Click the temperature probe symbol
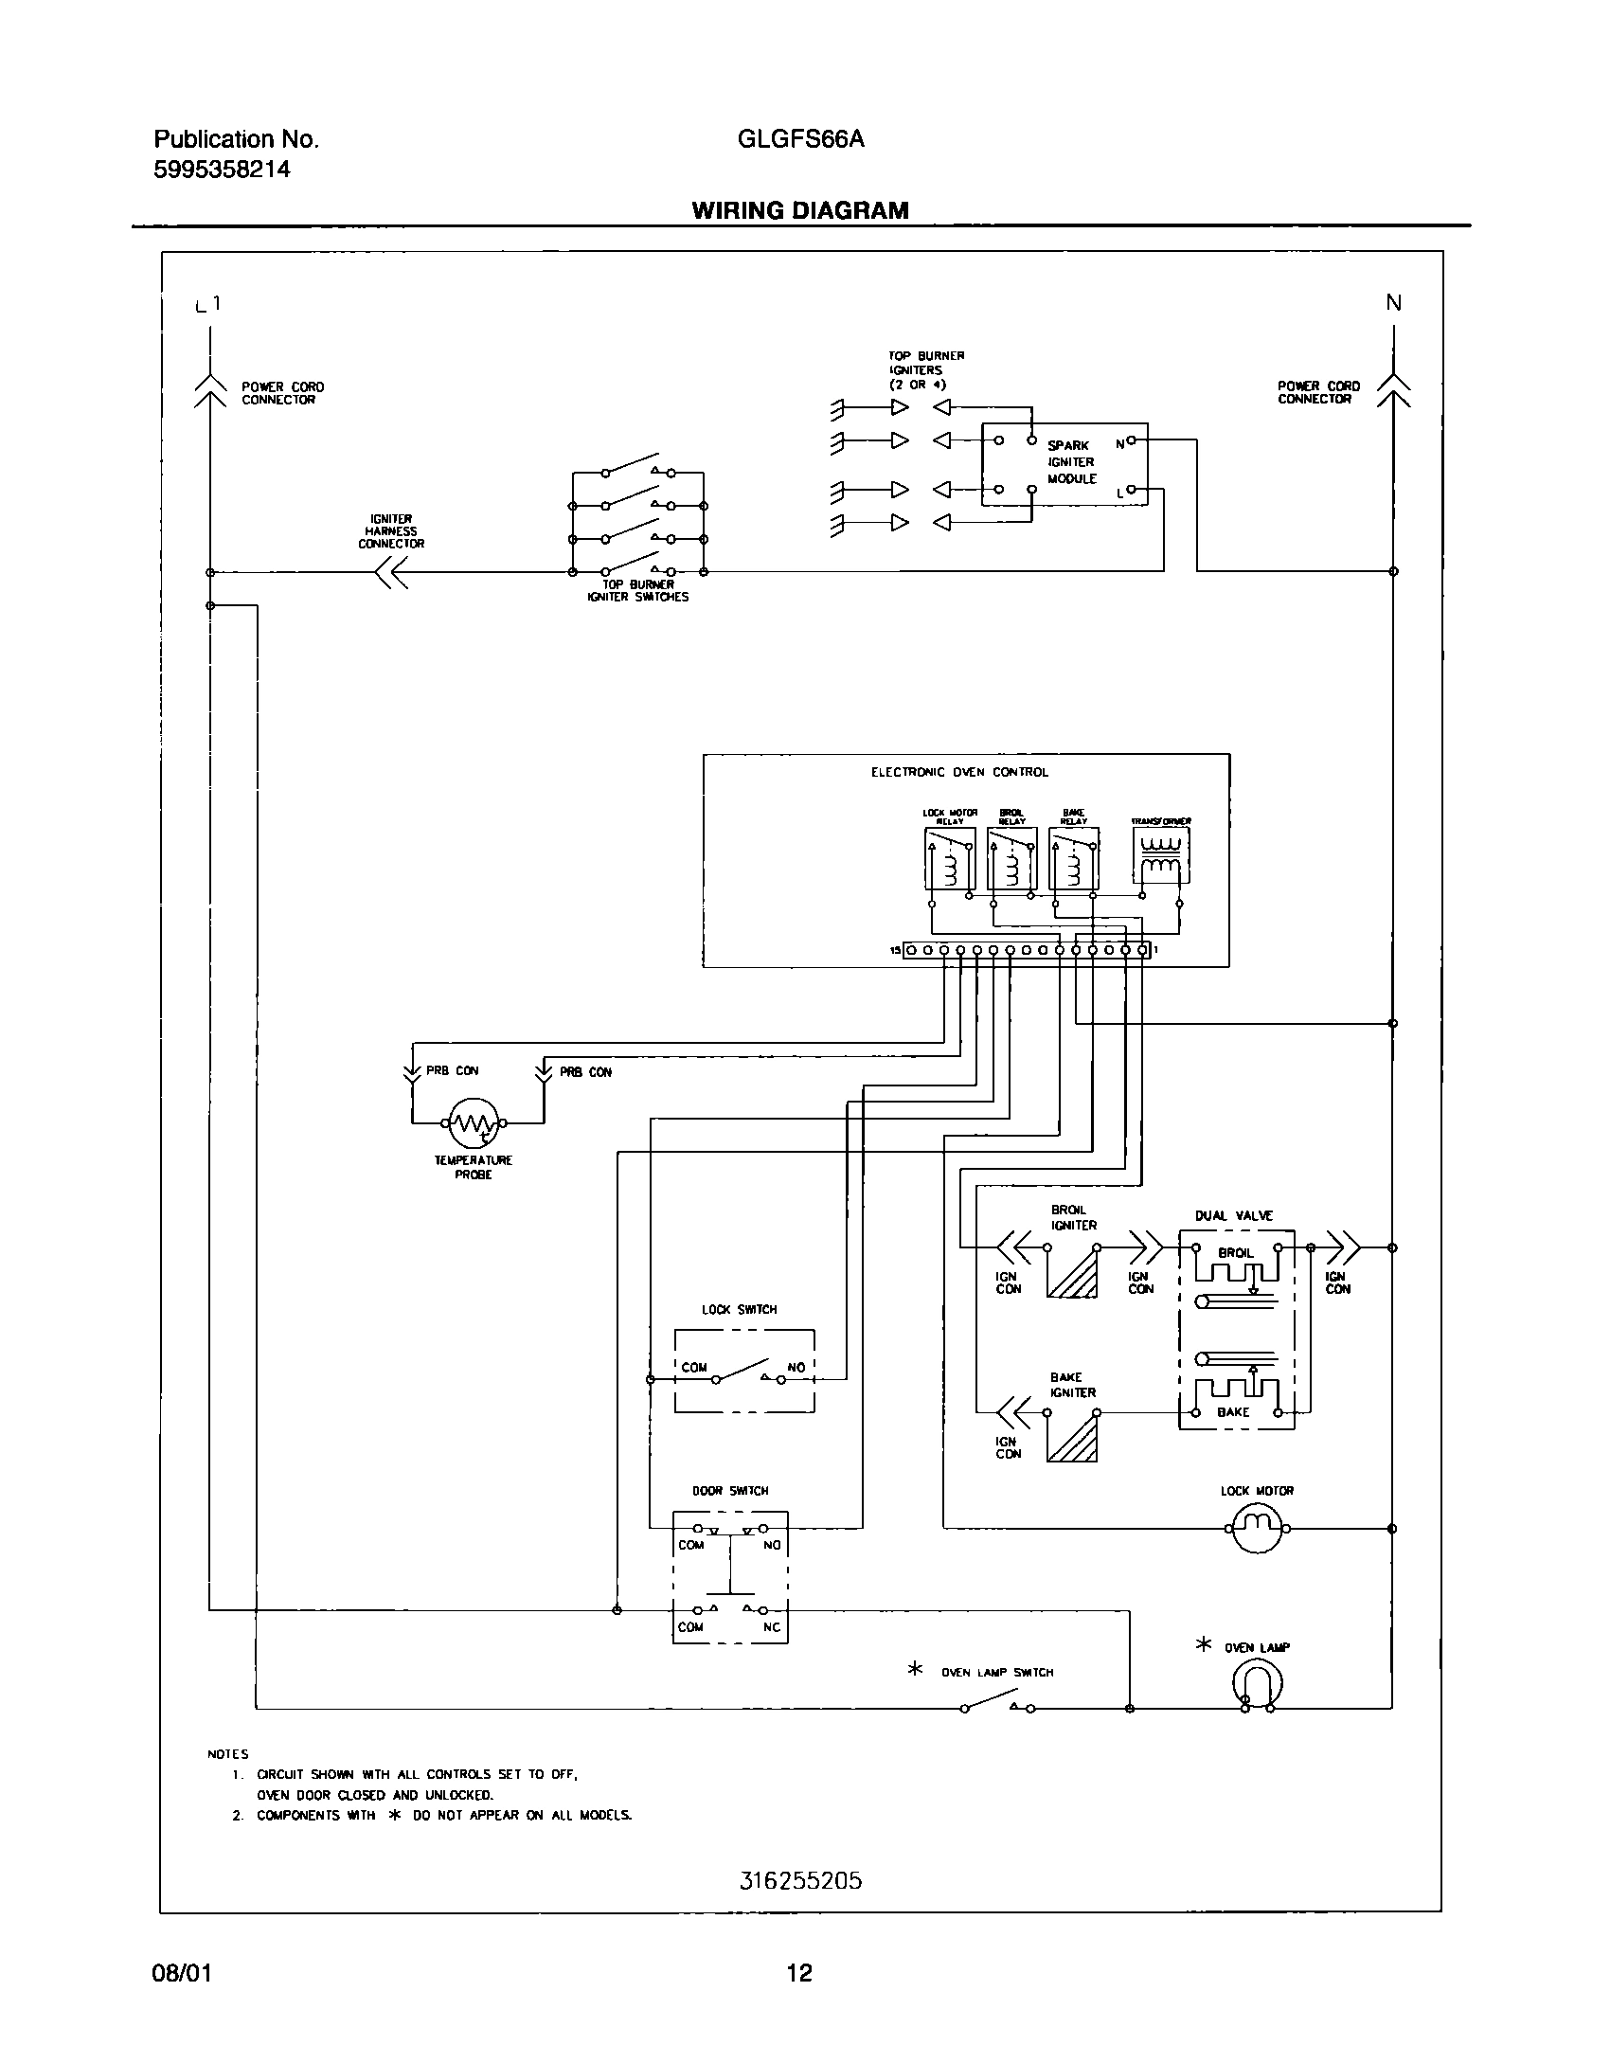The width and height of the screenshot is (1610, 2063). point(473,1123)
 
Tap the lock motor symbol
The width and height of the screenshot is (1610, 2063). point(1256,1529)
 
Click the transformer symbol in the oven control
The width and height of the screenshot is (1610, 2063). point(1160,856)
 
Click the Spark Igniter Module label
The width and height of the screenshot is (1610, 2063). point(1071,462)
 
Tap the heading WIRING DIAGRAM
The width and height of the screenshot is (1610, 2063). point(800,210)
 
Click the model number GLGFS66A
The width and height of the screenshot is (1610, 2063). point(800,139)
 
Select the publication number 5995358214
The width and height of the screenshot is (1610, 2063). point(222,170)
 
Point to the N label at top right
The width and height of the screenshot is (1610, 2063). point(1393,303)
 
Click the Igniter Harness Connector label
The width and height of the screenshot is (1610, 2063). point(391,531)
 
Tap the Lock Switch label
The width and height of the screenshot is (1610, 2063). point(739,1310)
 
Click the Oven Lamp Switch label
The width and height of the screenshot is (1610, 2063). point(996,1673)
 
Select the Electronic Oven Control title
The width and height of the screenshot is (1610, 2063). point(959,772)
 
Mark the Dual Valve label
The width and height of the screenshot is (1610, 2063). point(1235,1215)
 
